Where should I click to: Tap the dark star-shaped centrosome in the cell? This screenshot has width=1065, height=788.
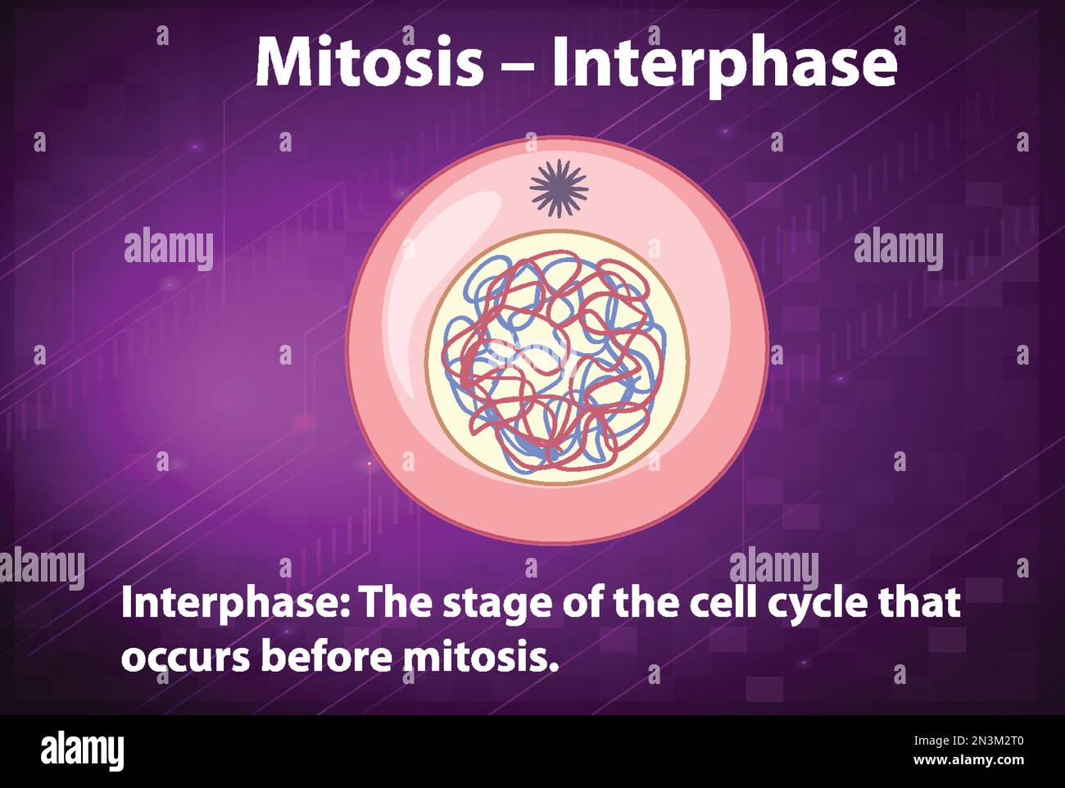559,188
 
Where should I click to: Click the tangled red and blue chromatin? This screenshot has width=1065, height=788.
551,360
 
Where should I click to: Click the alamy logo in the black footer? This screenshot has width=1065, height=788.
82,750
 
